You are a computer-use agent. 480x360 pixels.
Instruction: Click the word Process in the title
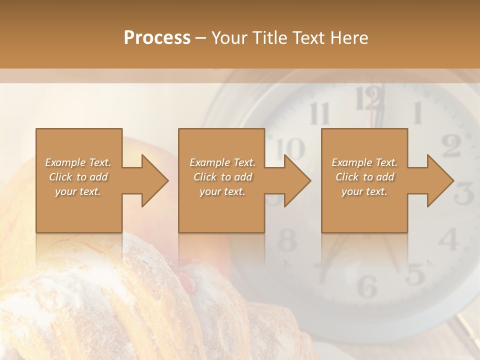(157, 38)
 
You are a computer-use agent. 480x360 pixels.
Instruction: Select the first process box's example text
(78, 177)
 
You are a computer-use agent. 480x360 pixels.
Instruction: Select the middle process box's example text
(222, 177)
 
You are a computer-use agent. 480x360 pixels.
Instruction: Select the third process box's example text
(364, 177)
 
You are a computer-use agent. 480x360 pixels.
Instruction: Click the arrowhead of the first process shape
(153, 180)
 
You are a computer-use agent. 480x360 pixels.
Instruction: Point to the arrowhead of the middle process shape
(295, 180)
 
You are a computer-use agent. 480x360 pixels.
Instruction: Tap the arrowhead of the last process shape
(439, 180)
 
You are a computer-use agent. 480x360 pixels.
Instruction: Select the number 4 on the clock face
(448, 239)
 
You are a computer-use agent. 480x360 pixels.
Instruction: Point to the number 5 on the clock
(415, 273)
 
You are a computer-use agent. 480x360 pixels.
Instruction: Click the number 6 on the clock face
(367, 286)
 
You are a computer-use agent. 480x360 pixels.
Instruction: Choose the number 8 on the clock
(287, 241)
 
